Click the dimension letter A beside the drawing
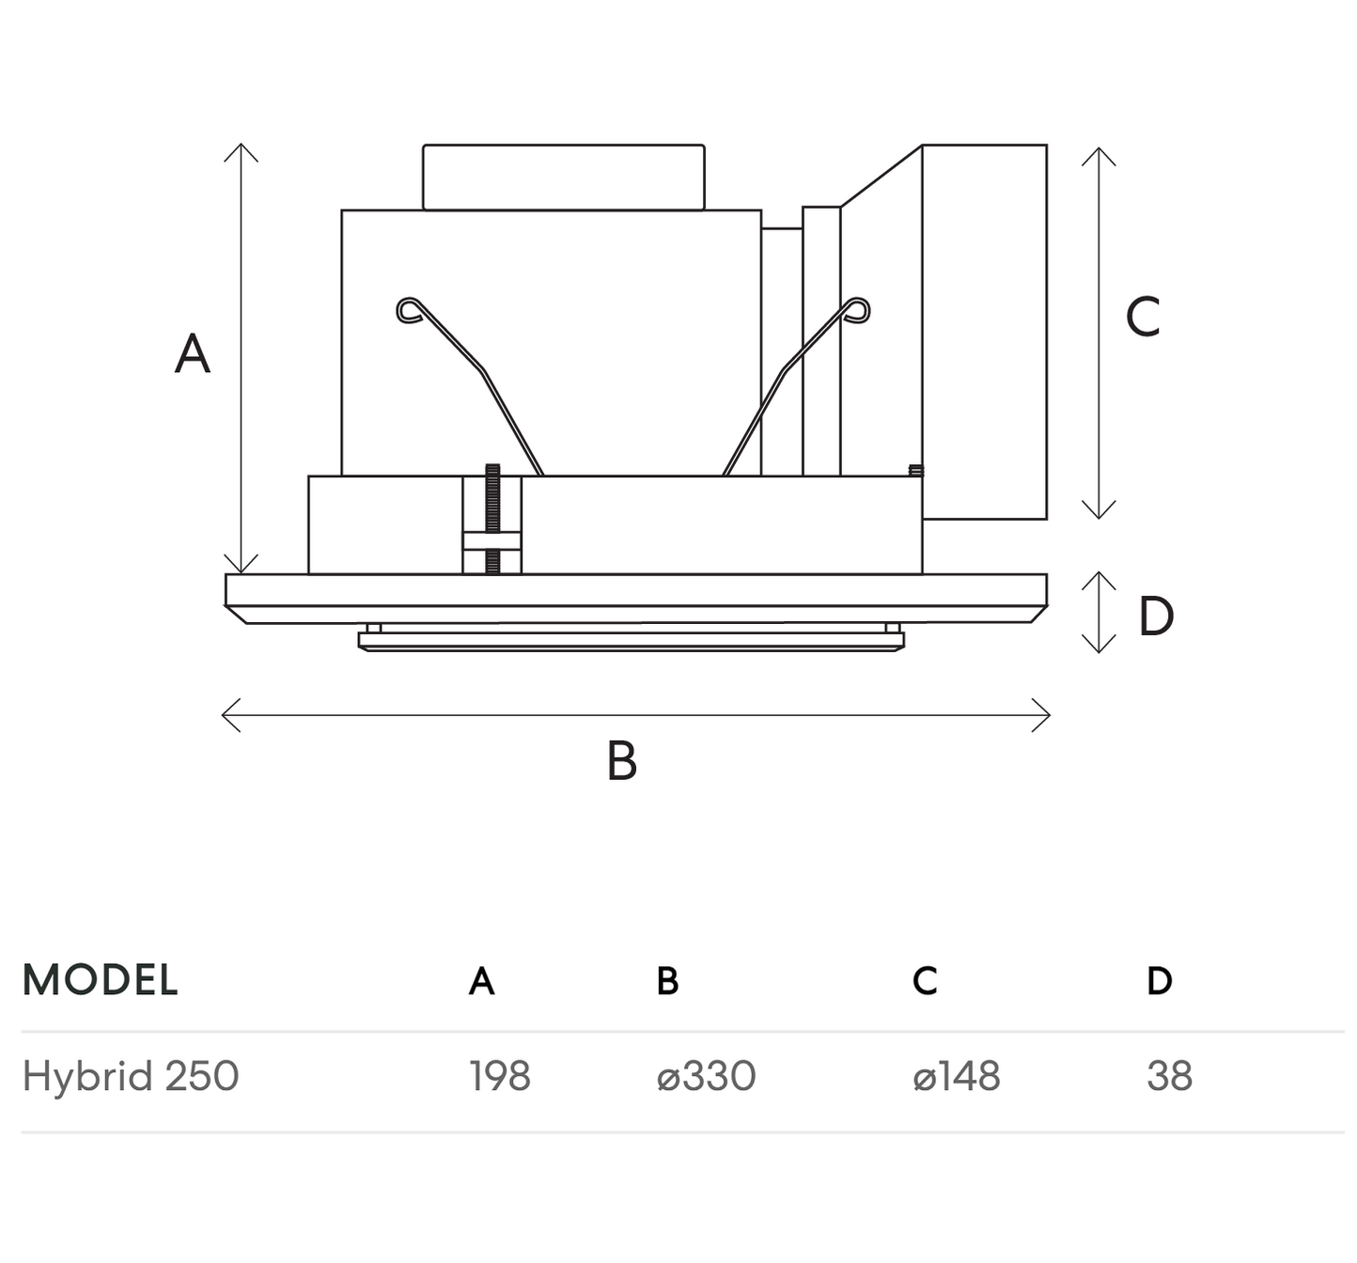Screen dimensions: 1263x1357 click(193, 354)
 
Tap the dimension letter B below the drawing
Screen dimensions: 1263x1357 click(622, 761)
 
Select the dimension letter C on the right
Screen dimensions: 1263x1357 click(1143, 317)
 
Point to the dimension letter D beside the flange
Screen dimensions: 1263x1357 click(1156, 616)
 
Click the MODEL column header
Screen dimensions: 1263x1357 click(100, 980)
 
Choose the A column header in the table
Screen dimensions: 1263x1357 click(481, 981)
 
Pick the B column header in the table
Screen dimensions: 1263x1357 click(667, 981)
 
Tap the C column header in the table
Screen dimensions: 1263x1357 click(925, 981)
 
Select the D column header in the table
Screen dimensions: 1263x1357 click(1160, 981)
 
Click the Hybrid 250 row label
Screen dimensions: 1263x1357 click(131, 1076)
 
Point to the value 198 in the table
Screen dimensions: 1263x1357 click(500, 1076)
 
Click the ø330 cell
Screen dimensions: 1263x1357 click(706, 1076)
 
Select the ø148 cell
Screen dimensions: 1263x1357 click(956, 1076)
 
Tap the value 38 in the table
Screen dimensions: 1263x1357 click(1169, 1076)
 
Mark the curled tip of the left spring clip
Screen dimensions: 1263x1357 click(408, 309)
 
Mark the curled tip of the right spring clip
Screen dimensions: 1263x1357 click(858, 309)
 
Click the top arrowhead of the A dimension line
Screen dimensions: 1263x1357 click(242, 148)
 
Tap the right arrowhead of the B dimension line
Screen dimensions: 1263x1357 click(1046, 715)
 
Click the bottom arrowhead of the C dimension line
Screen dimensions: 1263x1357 click(1099, 515)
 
